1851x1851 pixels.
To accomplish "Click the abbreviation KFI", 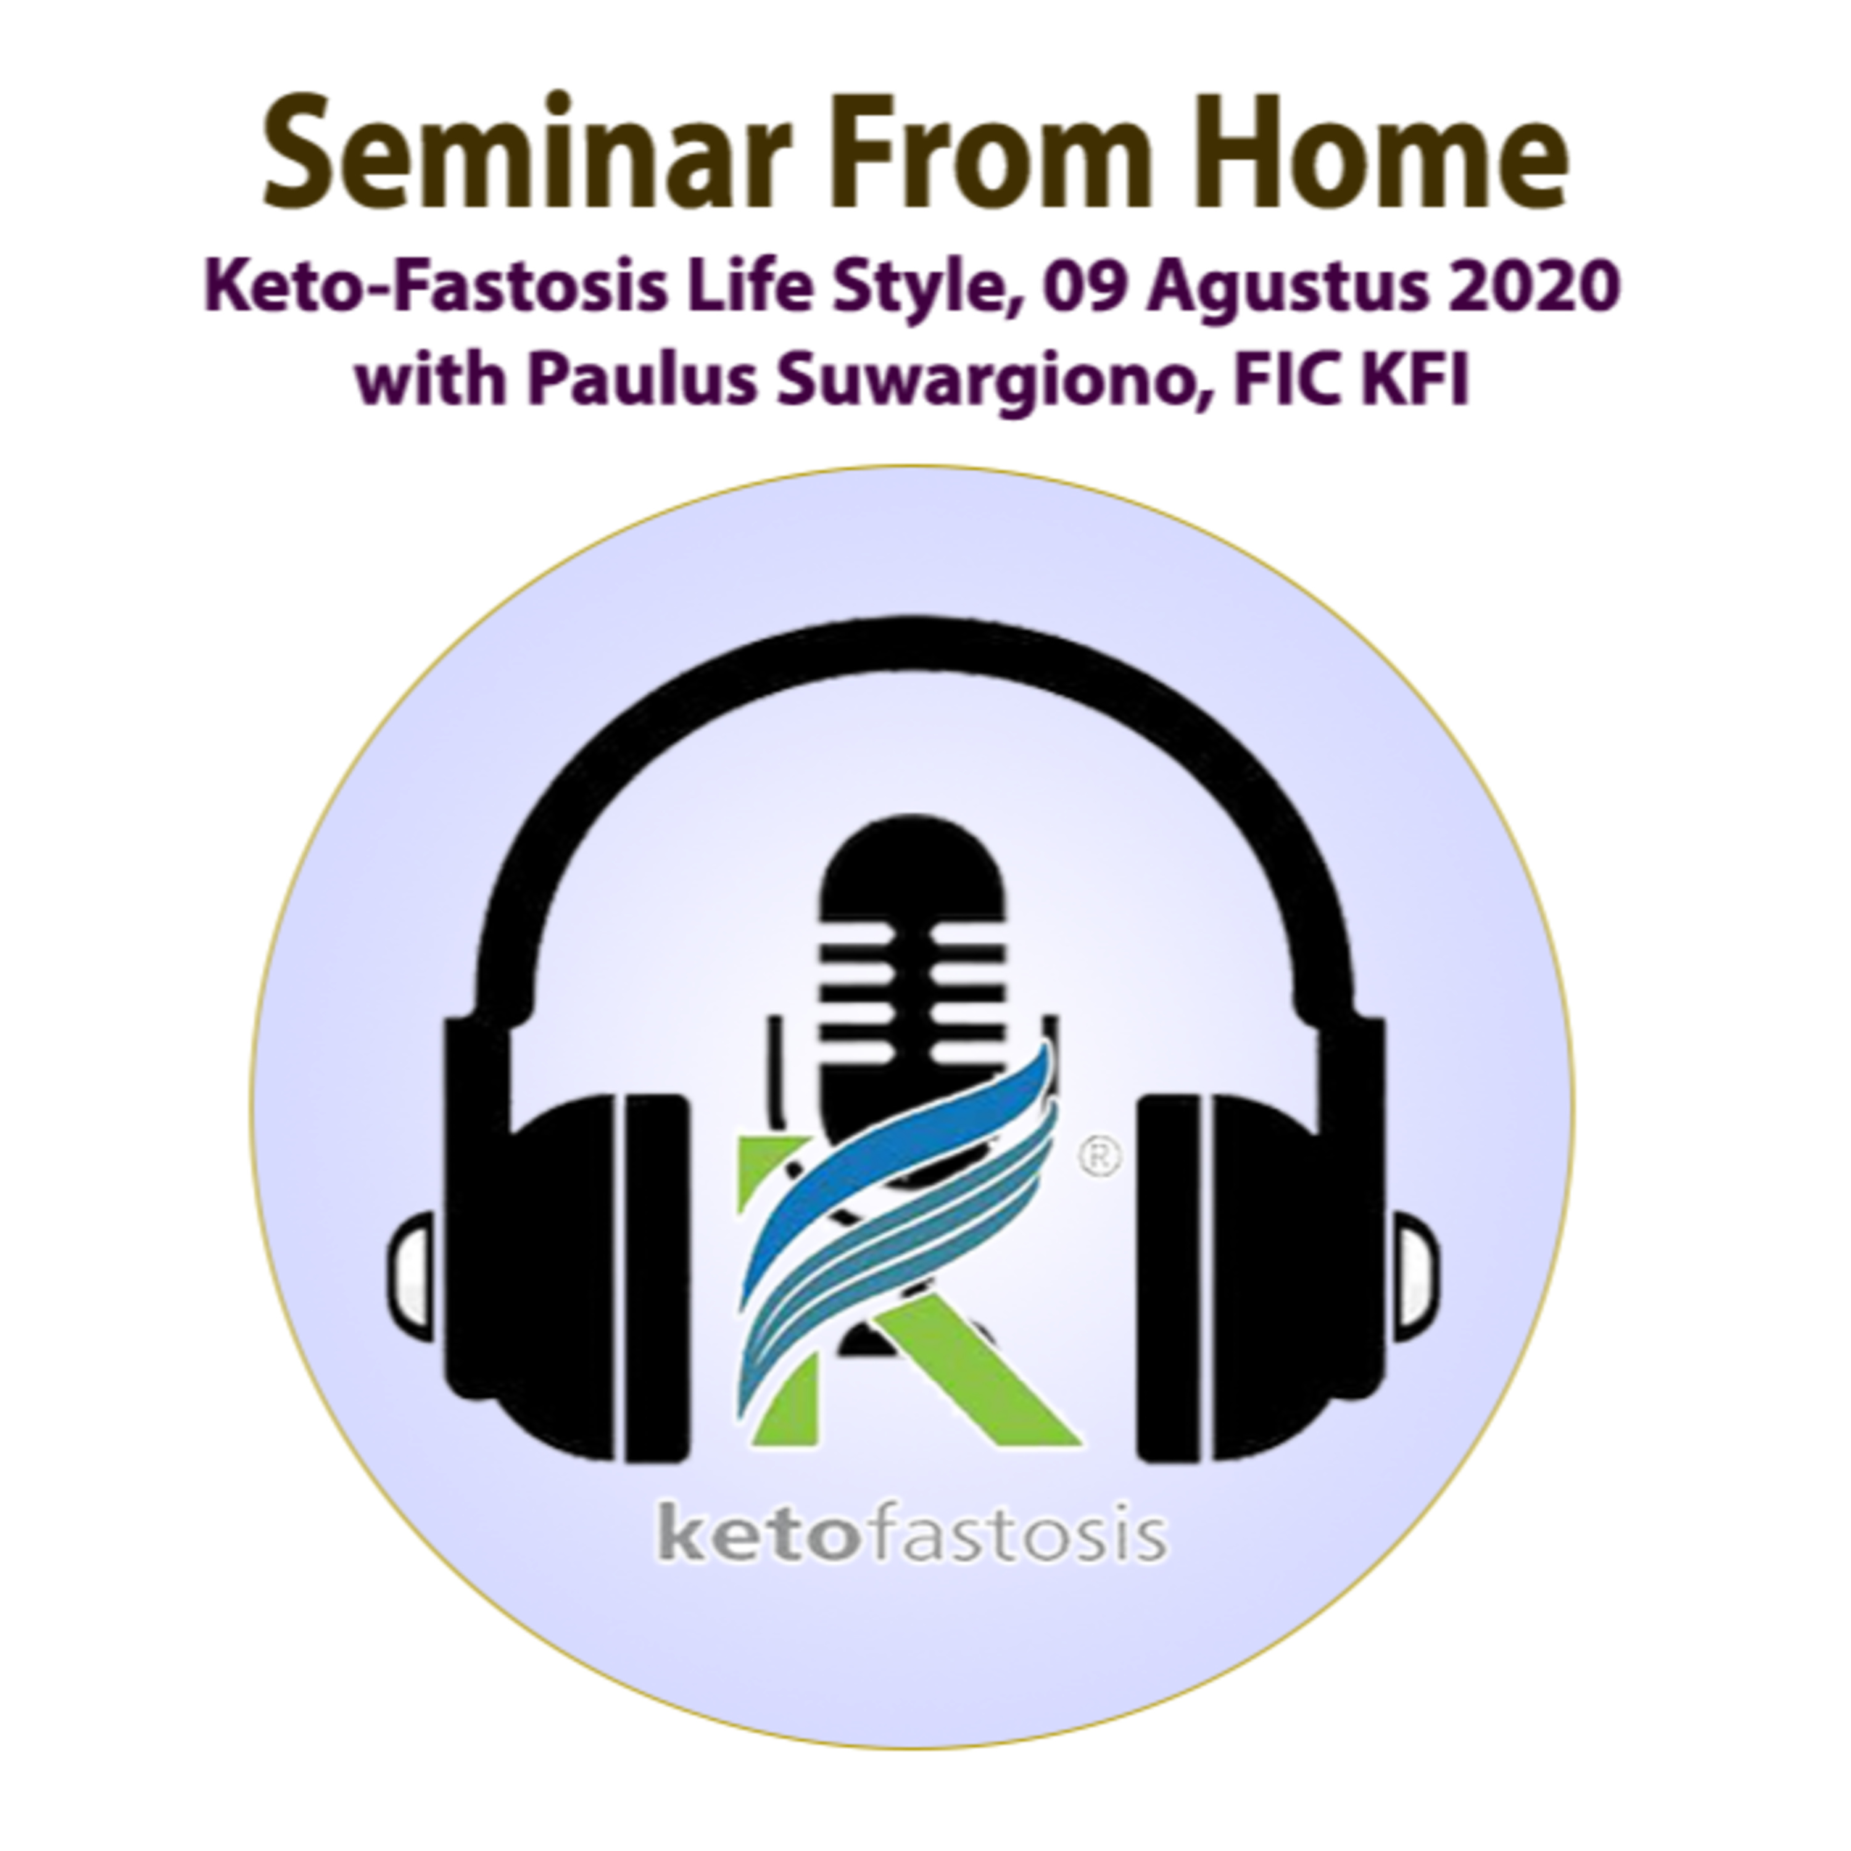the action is click(x=1416, y=380).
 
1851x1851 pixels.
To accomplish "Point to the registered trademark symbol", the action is click(x=1100, y=1157).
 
